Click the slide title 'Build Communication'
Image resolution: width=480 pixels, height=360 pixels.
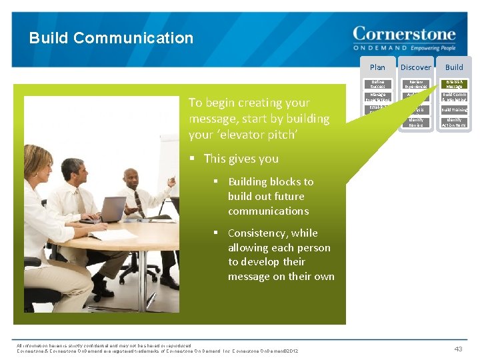111,38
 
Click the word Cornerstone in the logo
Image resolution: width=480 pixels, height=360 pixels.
404,33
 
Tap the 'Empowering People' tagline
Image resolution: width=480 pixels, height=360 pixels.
433,48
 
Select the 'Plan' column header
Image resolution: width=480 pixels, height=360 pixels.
377,67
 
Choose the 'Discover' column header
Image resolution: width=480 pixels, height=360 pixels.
415,67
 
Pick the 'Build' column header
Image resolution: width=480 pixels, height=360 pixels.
454,67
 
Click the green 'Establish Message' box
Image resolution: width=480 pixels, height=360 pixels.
454,84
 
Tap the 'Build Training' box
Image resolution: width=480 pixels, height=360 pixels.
454,109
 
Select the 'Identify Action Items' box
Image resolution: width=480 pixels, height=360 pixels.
454,122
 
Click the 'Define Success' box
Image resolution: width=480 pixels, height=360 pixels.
377,84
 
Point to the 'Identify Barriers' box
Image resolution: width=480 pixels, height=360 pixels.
415,122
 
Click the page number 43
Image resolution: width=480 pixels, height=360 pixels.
458,349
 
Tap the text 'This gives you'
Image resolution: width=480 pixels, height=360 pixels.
241,159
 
